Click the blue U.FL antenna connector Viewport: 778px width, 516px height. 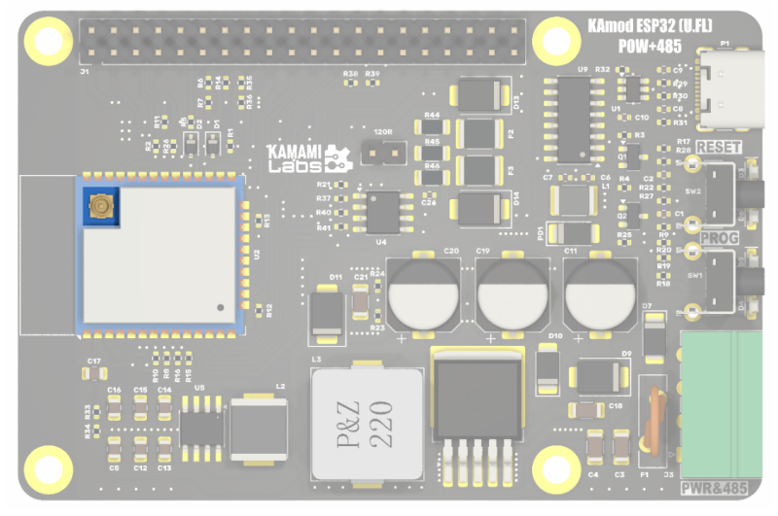pyautogui.click(x=99, y=206)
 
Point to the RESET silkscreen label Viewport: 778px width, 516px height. pyautogui.click(x=720, y=147)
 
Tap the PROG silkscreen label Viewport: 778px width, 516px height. pyautogui.click(x=720, y=238)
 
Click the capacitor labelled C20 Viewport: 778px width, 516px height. pyautogui.click(x=422, y=293)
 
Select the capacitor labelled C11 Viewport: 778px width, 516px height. pyautogui.click(x=598, y=293)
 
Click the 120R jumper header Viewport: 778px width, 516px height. pyautogui.click(x=382, y=153)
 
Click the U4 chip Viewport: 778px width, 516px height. pyautogui.click(x=380, y=211)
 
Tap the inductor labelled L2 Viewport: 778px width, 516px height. pyautogui.click(x=257, y=428)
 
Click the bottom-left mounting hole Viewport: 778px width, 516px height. pyautogui.click(x=44, y=464)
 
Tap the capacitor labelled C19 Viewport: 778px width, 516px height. pyautogui.click(x=511, y=293)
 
